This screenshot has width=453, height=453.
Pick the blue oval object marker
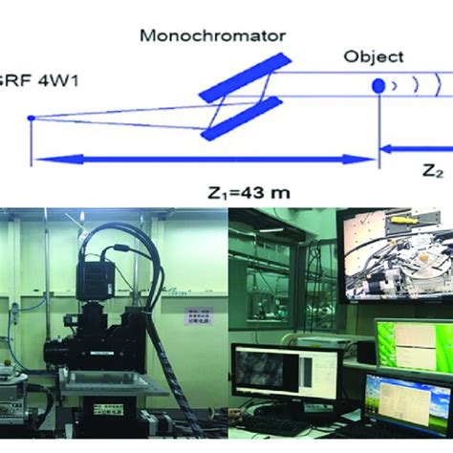click(379, 86)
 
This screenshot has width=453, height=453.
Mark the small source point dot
click(32, 118)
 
